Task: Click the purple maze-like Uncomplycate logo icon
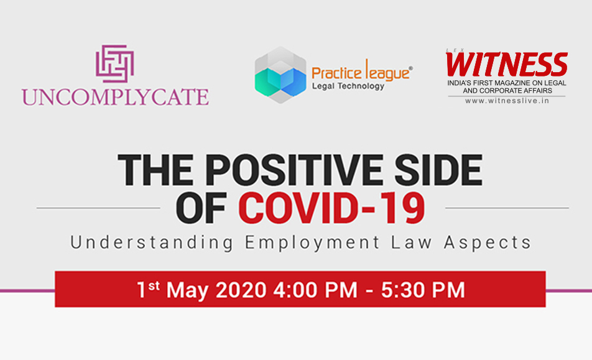115,64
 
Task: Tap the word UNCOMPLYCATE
115,97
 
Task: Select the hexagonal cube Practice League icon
280,75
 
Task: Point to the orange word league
385,71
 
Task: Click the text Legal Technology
348,86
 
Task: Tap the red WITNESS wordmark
506,64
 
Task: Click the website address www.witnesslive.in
507,101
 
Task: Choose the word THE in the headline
158,170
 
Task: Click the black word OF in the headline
201,208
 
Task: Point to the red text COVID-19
331,208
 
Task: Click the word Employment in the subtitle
312,242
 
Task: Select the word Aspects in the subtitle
488,242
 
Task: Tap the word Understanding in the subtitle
152,242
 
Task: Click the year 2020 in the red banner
241,290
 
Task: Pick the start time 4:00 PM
315,290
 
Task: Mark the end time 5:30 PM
423,290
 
